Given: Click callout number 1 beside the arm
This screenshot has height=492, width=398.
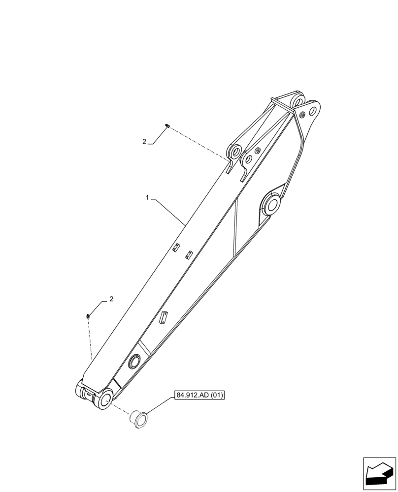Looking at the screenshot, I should click(147, 198).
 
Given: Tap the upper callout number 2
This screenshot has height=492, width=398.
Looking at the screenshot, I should click(144, 142).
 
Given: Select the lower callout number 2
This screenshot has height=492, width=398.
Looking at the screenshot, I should click(111, 299).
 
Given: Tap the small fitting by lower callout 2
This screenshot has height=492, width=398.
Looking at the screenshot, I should click(88, 316).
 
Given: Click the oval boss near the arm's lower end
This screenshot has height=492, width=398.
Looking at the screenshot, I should click(133, 362).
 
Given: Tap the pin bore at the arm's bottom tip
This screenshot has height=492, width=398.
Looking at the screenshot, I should click(104, 399).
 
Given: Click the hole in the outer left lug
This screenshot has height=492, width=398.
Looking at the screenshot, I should click(235, 150).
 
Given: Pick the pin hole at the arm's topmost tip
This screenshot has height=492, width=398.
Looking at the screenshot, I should click(299, 101).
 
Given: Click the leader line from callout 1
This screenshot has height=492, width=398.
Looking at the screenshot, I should click(170, 212).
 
